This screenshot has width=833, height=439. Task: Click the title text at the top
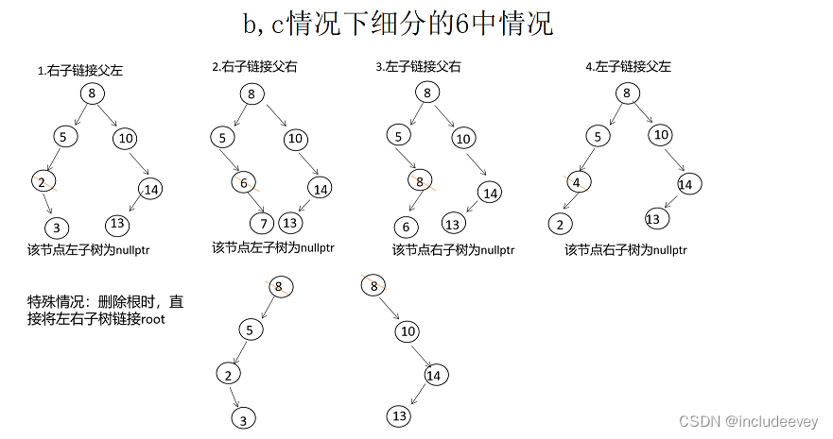pyautogui.click(x=398, y=24)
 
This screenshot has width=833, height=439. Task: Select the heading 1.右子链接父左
pyautogui.click(x=79, y=71)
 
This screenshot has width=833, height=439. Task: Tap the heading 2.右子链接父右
pyautogui.click(x=254, y=66)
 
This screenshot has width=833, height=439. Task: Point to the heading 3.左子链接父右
pyautogui.click(x=418, y=66)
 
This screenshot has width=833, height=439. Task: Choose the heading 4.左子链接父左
pyautogui.click(x=629, y=66)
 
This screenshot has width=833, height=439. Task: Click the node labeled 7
pyautogui.click(x=262, y=223)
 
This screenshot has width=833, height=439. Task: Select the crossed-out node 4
pyautogui.click(x=578, y=183)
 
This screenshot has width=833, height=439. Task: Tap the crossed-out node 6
pyautogui.click(x=244, y=183)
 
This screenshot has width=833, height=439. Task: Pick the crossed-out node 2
pyautogui.click(x=43, y=182)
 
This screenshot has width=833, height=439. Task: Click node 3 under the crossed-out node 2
pyautogui.click(x=57, y=228)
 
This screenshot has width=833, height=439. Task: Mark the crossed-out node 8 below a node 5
pyautogui.click(x=420, y=181)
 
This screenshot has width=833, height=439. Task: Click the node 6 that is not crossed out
pyautogui.click(x=407, y=227)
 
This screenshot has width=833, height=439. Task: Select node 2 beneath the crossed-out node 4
pyautogui.click(x=560, y=225)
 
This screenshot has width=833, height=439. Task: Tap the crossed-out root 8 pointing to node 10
pyautogui.click(x=373, y=286)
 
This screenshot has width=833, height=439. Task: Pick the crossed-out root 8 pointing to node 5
pyautogui.click(x=281, y=286)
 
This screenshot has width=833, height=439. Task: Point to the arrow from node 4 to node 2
pyautogui.click(x=570, y=201)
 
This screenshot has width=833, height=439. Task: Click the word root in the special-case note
pyautogui.click(x=153, y=319)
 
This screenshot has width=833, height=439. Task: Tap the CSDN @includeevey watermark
pyautogui.click(x=749, y=421)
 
